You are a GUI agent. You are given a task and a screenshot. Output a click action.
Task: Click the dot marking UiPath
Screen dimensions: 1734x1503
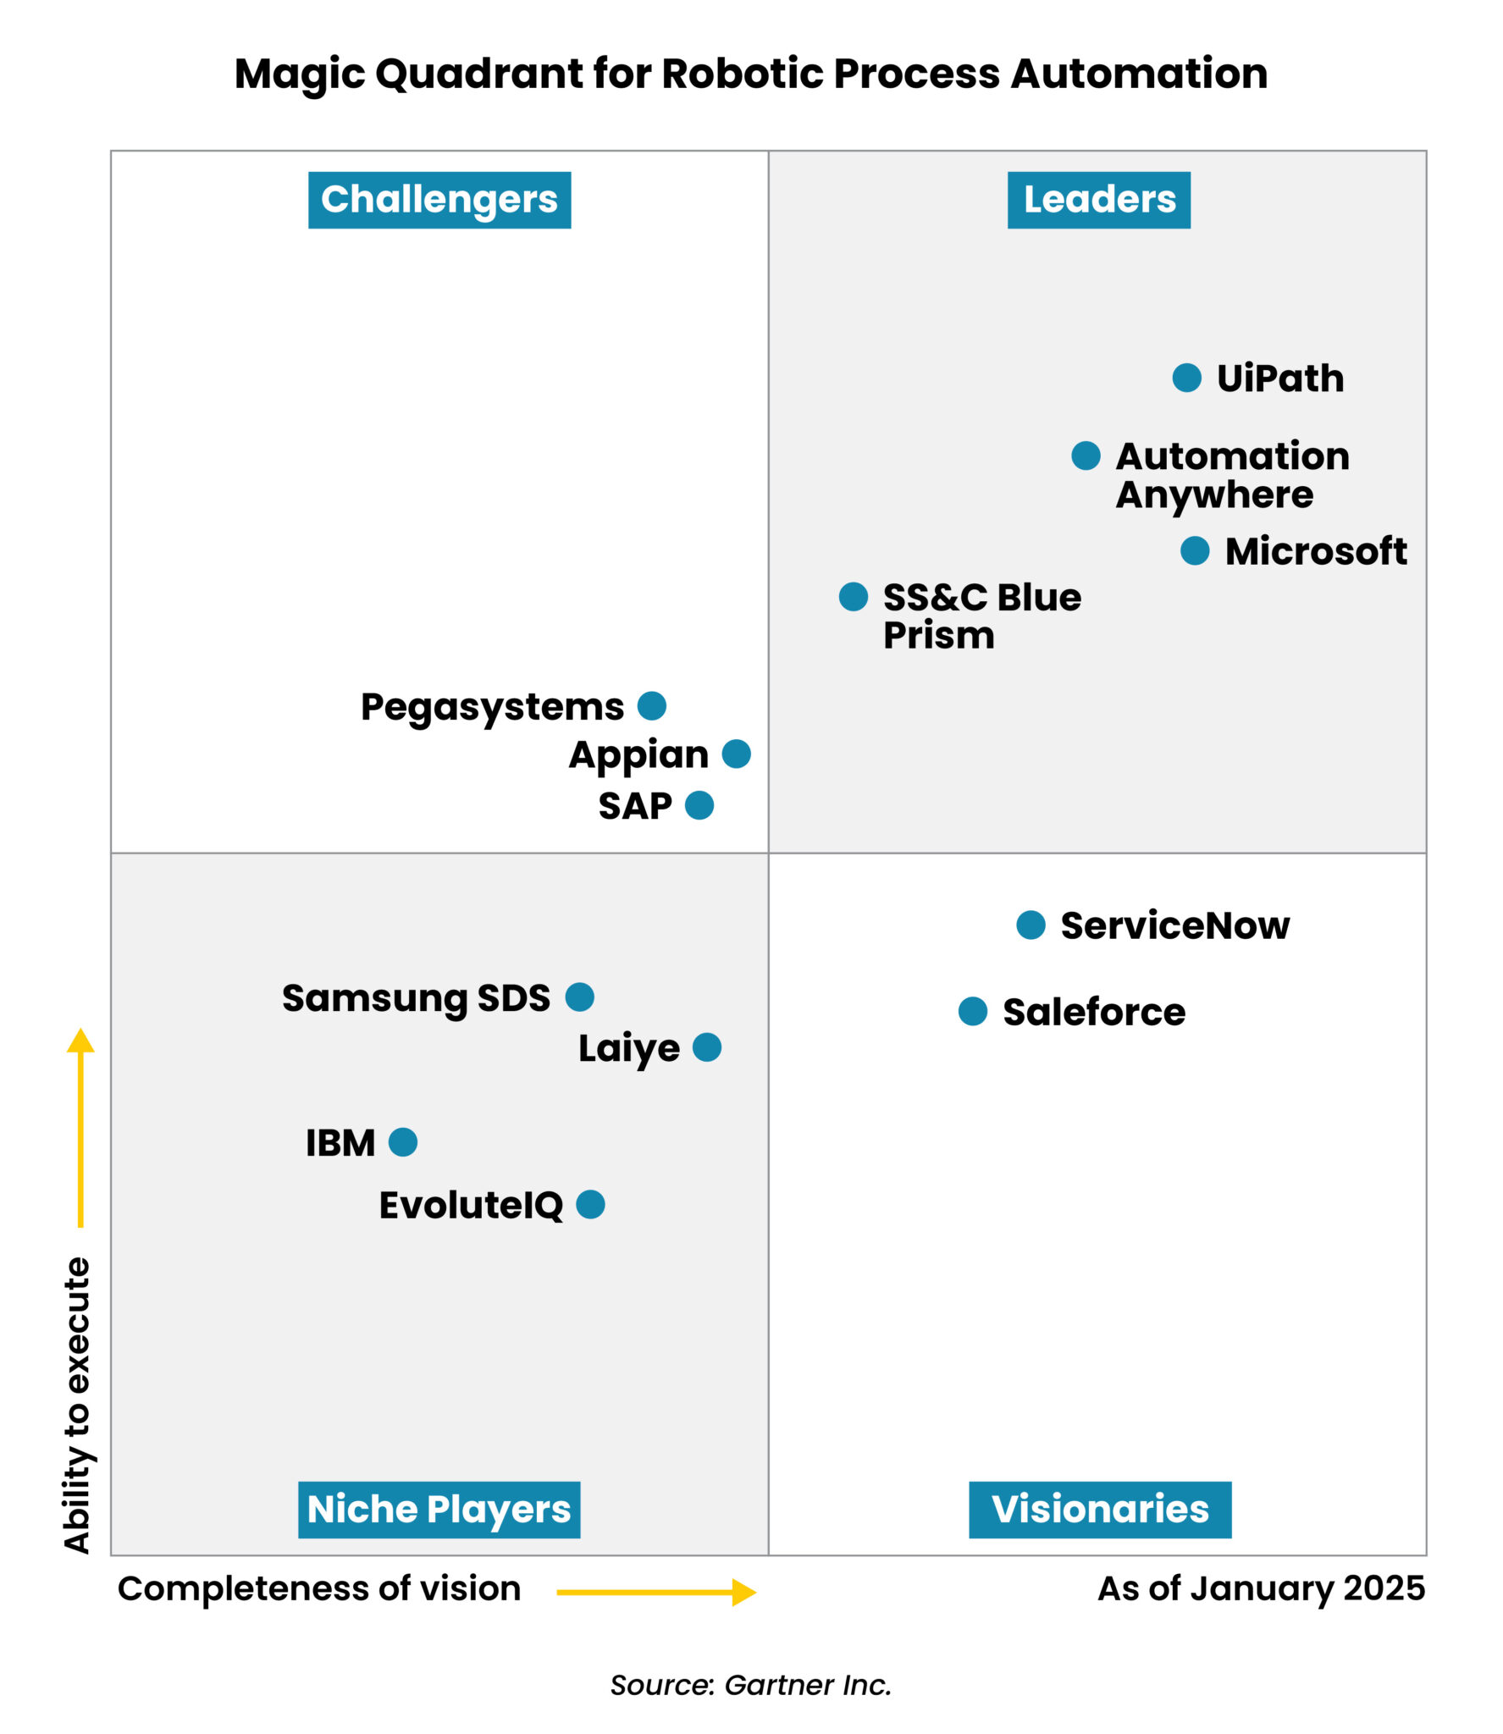[x=1186, y=378]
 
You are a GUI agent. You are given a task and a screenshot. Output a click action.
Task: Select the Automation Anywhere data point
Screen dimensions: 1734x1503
[x=1086, y=456]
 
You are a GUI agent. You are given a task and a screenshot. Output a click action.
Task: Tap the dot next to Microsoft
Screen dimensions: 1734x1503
[x=1195, y=551]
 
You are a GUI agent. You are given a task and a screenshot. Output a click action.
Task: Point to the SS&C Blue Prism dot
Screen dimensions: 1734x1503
[x=854, y=597]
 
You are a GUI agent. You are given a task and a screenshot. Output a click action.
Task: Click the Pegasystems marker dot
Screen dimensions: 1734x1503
[x=652, y=705]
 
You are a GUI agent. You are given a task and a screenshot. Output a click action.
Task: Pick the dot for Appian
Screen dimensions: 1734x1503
[x=737, y=754]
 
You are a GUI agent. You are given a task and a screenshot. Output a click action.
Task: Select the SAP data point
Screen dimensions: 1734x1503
[x=699, y=805]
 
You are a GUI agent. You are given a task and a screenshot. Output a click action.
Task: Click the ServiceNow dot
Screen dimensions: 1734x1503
[x=1031, y=925]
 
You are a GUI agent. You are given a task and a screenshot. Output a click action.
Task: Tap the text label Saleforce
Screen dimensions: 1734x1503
[x=1094, y=1013]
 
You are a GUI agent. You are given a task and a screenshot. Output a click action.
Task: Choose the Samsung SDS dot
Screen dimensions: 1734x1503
[x=580, y=997]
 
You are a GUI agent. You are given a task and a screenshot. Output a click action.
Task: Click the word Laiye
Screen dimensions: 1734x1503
[x=628, y=1049]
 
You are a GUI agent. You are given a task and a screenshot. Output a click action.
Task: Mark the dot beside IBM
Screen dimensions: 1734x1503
[x=403, y=1142]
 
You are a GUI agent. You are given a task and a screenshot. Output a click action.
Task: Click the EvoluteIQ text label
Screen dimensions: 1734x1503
[x=471, y=1206]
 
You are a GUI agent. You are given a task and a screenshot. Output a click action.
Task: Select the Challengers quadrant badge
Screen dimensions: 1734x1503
[x=439, y=201]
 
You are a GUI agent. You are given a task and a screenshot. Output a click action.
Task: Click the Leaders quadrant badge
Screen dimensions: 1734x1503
[x=1098, y=201]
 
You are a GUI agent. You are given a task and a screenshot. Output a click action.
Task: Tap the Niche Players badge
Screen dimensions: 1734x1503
[x=439, y=1510]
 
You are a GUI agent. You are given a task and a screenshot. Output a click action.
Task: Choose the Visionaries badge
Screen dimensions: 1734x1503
[x=1099, y=1510]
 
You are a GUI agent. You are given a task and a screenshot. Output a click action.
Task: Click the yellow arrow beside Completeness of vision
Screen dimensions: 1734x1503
[x=656, y=1593]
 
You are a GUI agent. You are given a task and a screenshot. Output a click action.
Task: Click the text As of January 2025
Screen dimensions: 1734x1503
[x=1261, y=1589]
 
